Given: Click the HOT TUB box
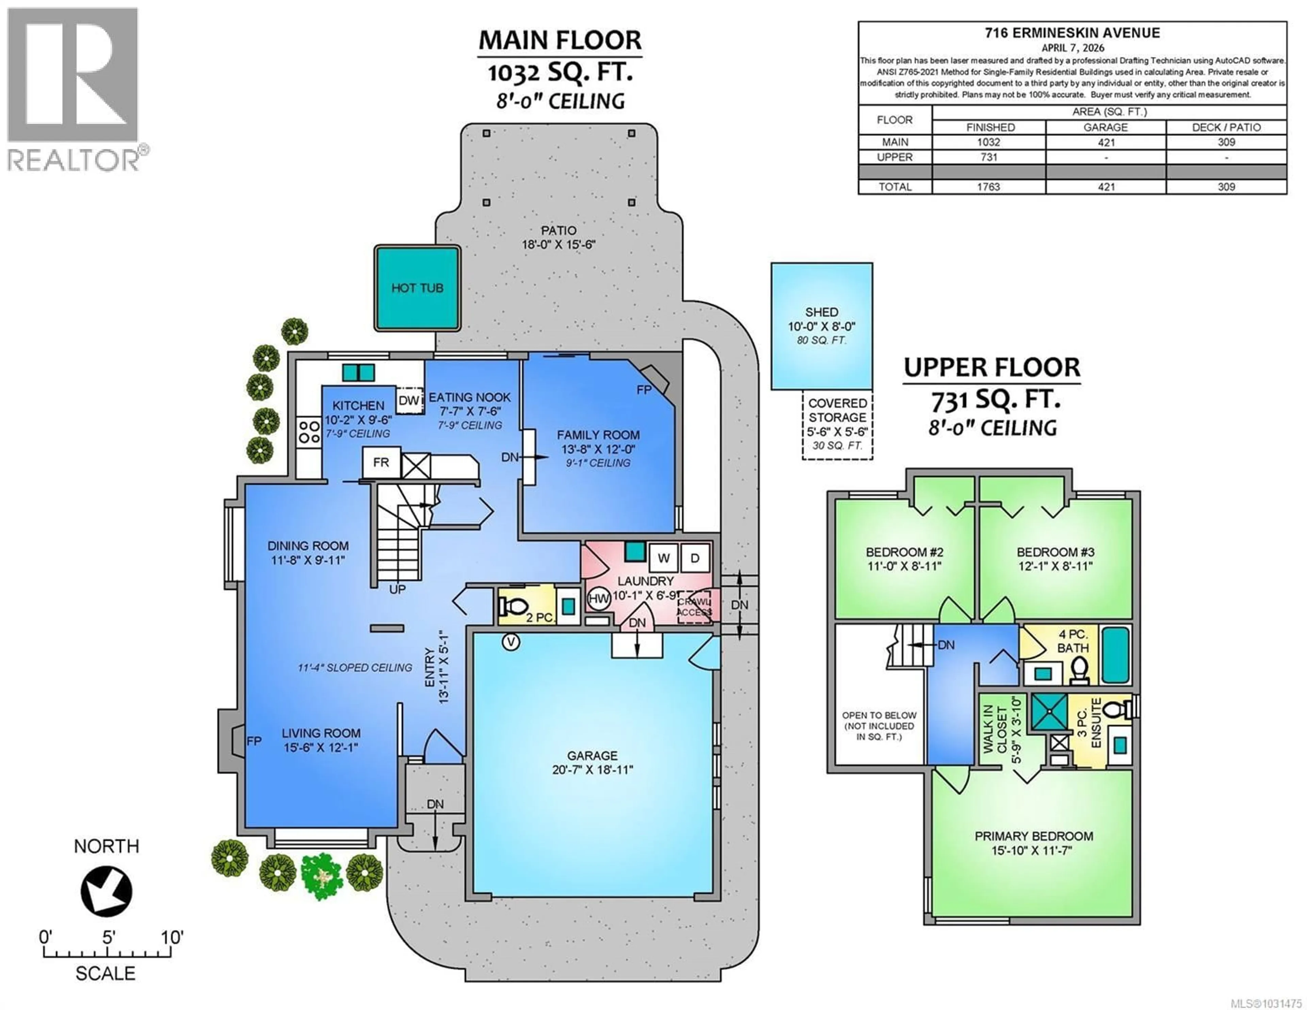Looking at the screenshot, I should coord(417,288).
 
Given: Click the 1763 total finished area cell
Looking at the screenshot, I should coord(989,187).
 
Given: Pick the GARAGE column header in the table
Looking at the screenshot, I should coord(1105,128).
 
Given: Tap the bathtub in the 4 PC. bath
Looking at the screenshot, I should coord(1115,655).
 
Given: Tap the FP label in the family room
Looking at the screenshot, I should coord(644,390).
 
